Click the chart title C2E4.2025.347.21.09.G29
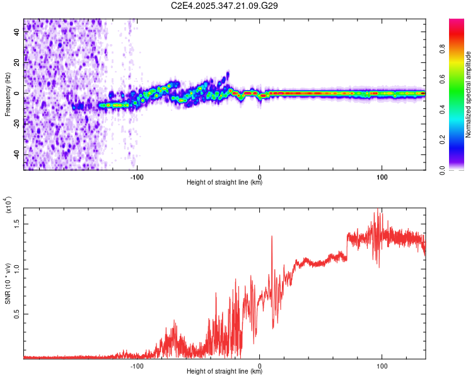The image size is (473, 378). point(225,6)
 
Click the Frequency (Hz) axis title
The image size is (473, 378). point(8,94)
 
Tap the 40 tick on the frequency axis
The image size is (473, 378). point(17,33)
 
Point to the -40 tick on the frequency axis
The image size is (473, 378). point(16,154)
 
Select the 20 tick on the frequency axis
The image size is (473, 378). point(17,63)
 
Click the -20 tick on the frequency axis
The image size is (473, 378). point(16,123)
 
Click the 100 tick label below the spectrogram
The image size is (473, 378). point(382,176)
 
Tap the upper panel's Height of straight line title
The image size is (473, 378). point(225,183)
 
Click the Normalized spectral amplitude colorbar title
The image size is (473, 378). point(468,94)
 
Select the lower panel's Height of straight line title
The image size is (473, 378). point(225,372)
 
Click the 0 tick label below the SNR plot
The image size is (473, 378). point(260,365)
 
